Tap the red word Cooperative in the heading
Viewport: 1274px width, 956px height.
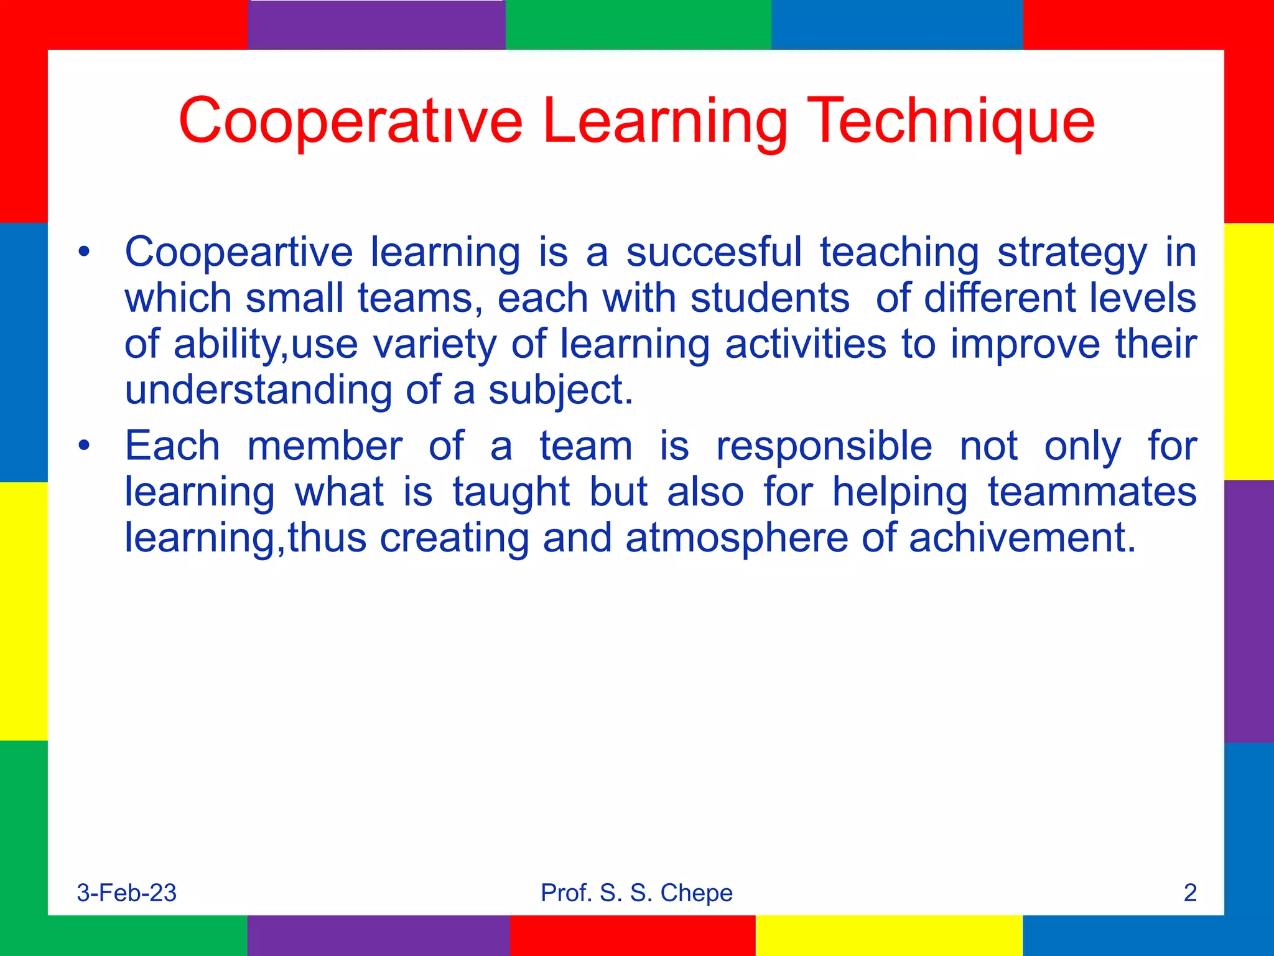click(350, 121)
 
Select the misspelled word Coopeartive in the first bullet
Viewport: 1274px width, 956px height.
click(239, 253)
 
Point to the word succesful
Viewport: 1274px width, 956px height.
click(714, 253)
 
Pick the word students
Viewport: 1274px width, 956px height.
click(770, 298)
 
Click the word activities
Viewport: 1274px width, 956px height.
click(806, 344)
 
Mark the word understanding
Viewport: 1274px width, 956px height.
click(258, 390)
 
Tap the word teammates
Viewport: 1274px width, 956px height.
click(1092, 492)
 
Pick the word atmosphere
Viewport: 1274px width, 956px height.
click(737, 538)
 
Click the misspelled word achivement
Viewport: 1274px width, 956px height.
click(1022, 538)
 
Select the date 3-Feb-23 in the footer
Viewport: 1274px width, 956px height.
click(127, 893)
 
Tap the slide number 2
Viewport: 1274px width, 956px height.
click(1190, 893)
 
